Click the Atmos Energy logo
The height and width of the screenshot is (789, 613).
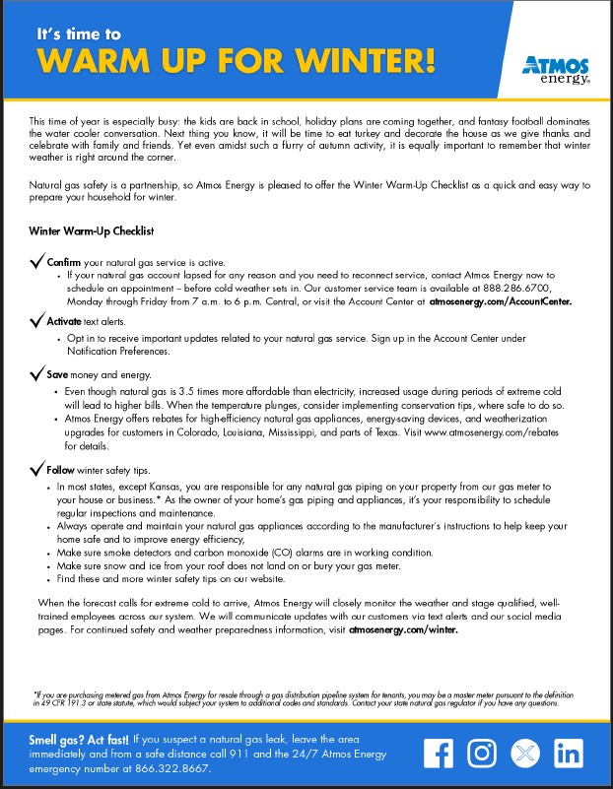pos(556,70)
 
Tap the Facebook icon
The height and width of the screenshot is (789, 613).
pos(437,754)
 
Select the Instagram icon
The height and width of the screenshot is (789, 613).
pos(481,754)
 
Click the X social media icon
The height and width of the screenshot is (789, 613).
pos(524,754)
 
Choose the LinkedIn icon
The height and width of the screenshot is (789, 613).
pos(569,754)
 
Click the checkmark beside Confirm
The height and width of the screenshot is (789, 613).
pos(37,262)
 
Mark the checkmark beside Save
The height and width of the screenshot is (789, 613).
pos(37,374)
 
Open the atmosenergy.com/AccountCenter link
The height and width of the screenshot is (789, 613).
pos(500,301)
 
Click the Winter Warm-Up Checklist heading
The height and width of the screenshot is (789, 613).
pos(91,231)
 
